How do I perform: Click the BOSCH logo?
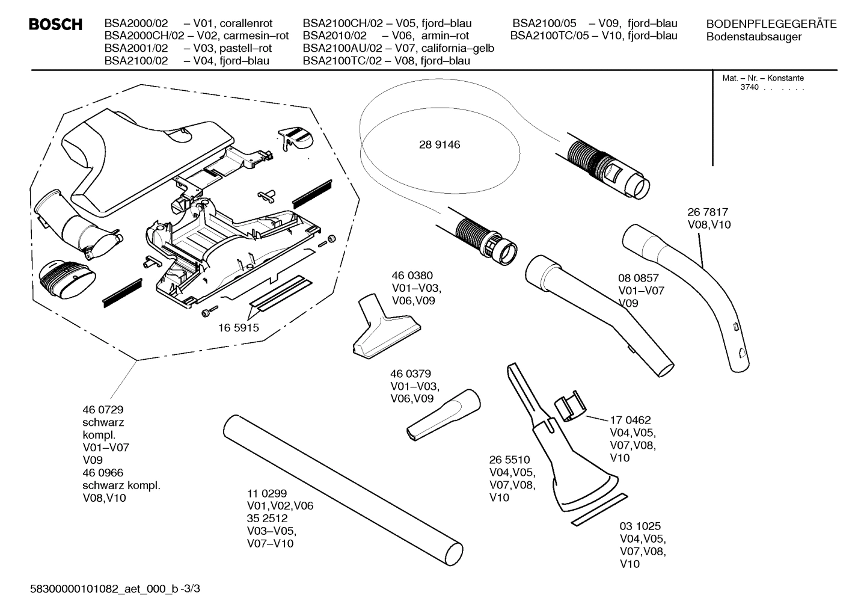(x=55, y=25)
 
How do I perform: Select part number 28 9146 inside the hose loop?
(x=440, y=145)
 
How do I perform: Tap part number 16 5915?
(x=238, y=328)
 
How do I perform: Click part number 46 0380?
(x=412, y=276)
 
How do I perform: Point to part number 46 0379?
(x=411, y=374)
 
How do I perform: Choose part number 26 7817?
(x=708, y=212)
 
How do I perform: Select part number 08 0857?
(x=639, y=278)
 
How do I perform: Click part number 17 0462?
(x=630, y=420)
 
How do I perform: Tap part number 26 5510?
(x=509, y=460)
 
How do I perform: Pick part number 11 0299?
(x=267, y=493)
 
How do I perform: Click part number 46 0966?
(x=103, y=473)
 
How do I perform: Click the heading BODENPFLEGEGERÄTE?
(x=771, y=24)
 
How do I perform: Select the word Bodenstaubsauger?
(x=753, y=37)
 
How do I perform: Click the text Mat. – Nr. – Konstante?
(x=762, y=78)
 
